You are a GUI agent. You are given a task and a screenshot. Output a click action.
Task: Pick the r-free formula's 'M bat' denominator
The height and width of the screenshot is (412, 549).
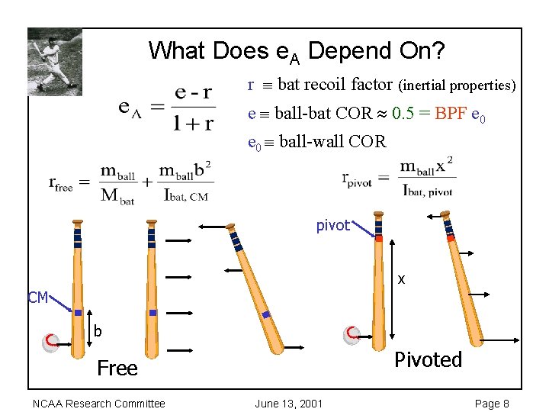pos(117,198)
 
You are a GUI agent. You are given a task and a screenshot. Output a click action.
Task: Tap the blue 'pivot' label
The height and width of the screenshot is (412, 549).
pos(333,225)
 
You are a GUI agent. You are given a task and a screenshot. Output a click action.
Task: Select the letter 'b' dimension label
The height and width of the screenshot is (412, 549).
pos(98,331)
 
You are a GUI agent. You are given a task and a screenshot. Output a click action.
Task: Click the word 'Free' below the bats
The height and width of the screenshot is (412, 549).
pos(117,369)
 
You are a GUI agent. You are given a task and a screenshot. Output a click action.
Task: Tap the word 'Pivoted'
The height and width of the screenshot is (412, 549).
pos(429,359)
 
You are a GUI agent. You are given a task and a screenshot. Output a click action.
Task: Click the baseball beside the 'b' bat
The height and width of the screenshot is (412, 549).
pos(51,341)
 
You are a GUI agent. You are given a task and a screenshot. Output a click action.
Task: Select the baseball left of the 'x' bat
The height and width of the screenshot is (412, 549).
pos(352,334)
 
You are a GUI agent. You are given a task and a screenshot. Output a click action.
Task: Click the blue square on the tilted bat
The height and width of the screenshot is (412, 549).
pos(265,314)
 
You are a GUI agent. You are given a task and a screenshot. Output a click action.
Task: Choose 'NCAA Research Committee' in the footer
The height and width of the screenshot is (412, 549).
pos(98,404)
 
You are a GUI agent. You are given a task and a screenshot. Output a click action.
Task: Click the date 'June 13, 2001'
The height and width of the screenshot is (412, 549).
pos(289,404)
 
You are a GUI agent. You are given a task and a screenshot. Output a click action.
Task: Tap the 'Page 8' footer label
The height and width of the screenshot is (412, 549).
pos(492,404)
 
